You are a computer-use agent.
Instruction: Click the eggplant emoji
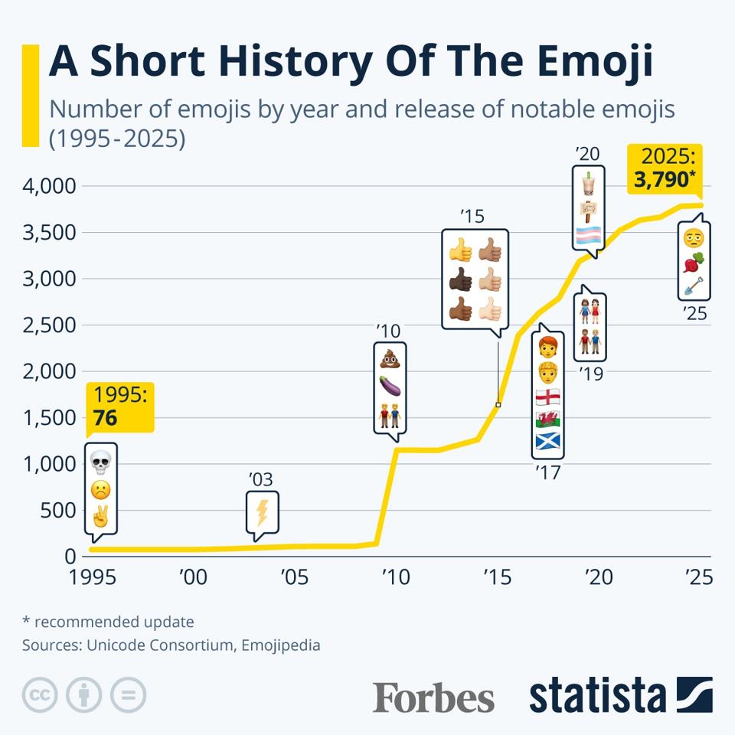pyautogui.click(x=390, y=387)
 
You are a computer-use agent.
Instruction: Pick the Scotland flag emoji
pyautogui.click(x=547, y=441)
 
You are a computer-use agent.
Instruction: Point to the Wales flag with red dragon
pyautogui.click(x=547, y=419)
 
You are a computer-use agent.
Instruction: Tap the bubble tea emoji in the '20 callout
pyautogui.click(x=588, y=185)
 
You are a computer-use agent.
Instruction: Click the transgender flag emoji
pyautogui.click(x=588, y=235)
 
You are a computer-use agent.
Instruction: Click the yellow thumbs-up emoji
pyautogui.click(x=460, y=250)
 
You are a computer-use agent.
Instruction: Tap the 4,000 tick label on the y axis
pyautogui.click(x=49, y=186)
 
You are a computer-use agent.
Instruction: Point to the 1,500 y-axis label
pyautogui.click(x=49, y=418)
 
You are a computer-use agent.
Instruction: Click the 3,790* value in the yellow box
pyautogui.click(x=664, y=181)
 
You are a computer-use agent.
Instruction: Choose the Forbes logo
pyautogui.click(x=433, y=697)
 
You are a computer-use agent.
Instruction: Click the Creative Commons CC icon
pyautogui.click(x=41, y=695)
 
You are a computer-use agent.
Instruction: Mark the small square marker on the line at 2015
pyautogui.click(x=498, y=404)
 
